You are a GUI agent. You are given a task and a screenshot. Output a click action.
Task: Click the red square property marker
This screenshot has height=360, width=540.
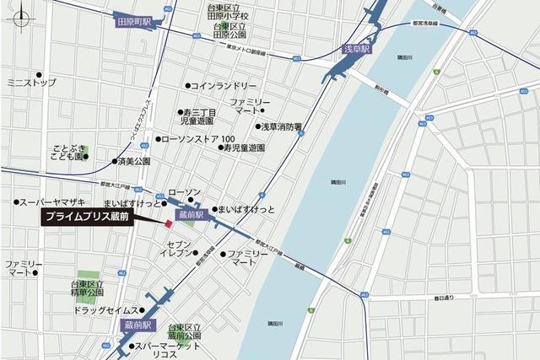tap(168, 223)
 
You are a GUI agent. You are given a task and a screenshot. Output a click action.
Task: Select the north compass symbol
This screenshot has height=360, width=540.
tap(23, 18)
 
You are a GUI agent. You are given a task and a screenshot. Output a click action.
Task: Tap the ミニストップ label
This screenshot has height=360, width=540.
tap(31, 83)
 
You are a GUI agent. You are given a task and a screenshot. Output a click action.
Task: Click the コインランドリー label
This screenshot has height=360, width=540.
tap(224, 86)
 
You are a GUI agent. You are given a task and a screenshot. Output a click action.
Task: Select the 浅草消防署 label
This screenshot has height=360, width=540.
tap(281, 127)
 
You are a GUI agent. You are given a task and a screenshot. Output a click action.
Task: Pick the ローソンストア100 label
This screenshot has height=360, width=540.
tap(203, 138)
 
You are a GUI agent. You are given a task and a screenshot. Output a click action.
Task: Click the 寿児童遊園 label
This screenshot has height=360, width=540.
tap(244, 148)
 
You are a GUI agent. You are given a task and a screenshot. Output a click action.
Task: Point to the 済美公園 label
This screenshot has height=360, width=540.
tap(133, 160)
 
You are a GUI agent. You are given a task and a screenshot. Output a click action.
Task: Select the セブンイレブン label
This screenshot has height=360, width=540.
tap(177, 248)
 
